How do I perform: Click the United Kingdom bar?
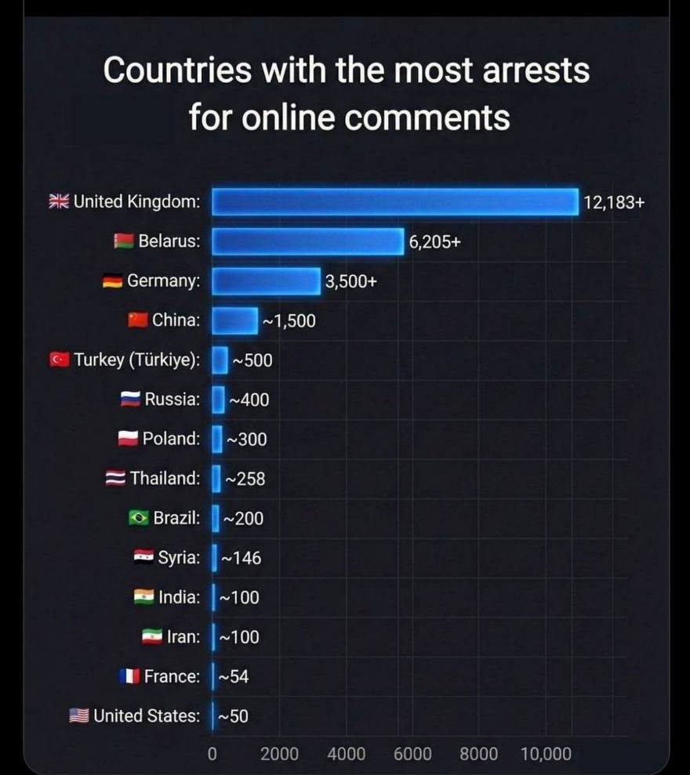point(395,202)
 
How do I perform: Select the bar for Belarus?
point(307,241)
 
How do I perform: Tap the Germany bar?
point(266,281)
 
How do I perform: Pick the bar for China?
point(234,321)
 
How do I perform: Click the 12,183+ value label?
point(614,202)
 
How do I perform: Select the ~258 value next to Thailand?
point(245,478)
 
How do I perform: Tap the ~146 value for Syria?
point(241,558)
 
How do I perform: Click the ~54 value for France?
point(233,676)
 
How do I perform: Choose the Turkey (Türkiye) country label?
point(136,360)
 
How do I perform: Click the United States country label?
point(147,715)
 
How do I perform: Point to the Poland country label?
point(171,439)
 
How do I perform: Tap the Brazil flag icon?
point(139,518)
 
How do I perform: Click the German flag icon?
point(113,281)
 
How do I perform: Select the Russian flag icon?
point(130,400)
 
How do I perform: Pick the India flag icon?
point(144,597)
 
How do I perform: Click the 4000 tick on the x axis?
point(346,754)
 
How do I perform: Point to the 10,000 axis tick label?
point(546,754)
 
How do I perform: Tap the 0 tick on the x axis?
point(212,754)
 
